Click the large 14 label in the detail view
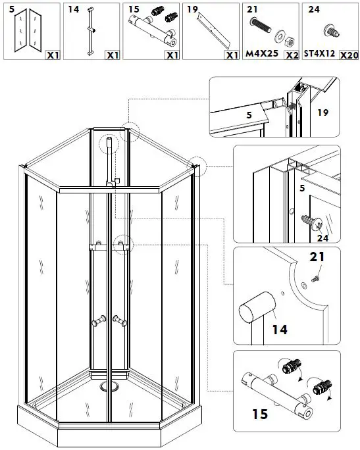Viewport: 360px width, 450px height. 280,329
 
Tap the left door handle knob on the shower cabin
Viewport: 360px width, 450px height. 97,321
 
